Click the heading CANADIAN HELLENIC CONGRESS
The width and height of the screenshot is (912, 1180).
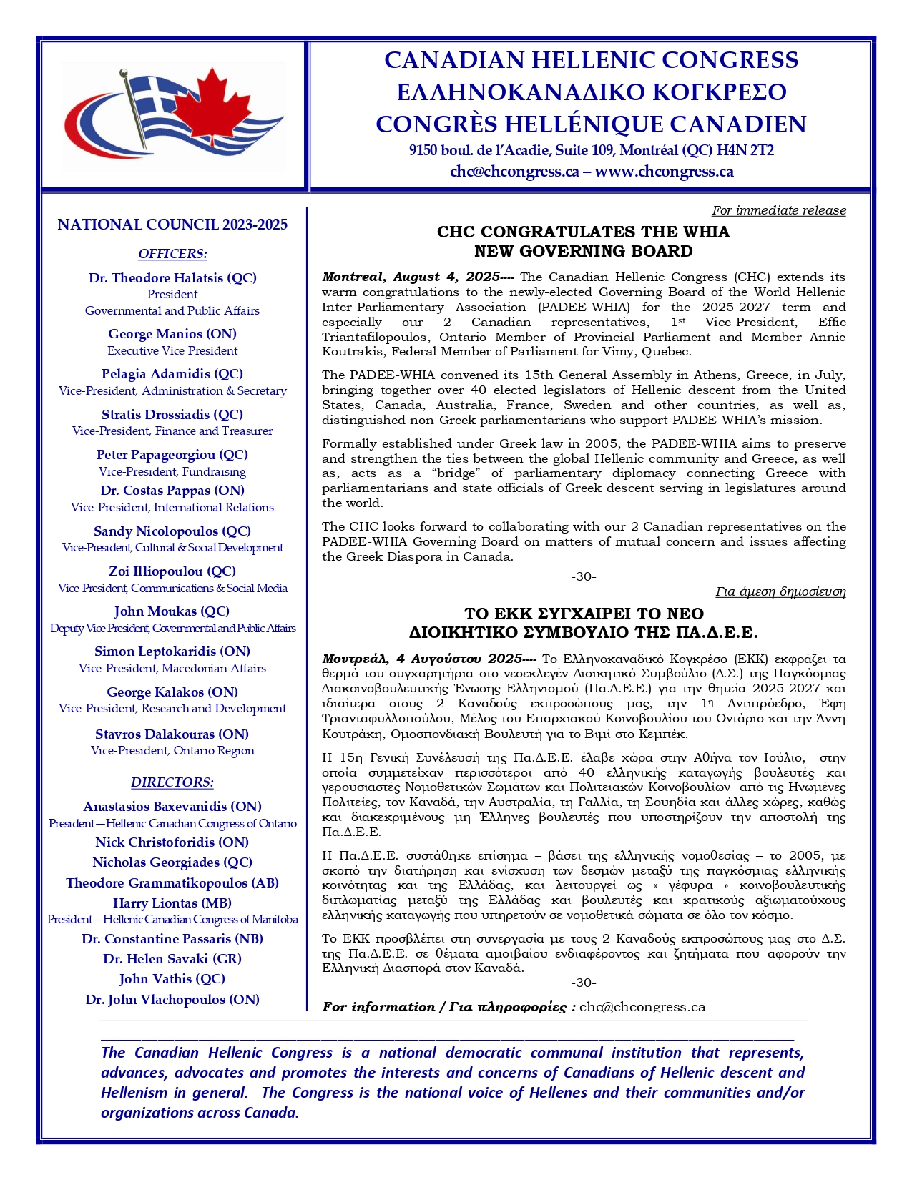[x=591, y=60]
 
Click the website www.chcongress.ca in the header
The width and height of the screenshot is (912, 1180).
[x=664, y=172]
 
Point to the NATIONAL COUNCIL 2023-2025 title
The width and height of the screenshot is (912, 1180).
[x=172, y=225]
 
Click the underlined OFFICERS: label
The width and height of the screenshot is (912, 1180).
[x=172, y=254]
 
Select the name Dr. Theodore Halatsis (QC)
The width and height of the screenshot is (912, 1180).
[x=172, y=277]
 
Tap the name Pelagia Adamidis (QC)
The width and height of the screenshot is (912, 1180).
[x=172, y=373]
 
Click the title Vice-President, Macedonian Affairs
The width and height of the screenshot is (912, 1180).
[x=172, y=668]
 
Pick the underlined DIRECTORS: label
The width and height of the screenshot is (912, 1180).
[x=172, y=782]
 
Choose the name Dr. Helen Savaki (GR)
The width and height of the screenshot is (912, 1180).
[x=172, y=958]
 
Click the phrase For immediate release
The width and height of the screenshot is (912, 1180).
[x=778, y=210]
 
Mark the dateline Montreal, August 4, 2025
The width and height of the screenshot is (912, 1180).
[x=411, y=277]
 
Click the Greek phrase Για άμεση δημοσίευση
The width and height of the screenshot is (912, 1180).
[x=780, y=591]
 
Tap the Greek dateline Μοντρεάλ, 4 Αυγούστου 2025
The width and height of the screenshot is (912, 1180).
[x=422, y=658]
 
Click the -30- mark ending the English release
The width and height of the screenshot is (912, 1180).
[x=583, y=576]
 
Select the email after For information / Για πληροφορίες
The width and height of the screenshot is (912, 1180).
[x=642, y=1007]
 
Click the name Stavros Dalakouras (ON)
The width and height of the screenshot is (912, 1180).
[x=172, y=734]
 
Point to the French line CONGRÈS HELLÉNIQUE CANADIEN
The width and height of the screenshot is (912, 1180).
[x=591, y=124]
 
